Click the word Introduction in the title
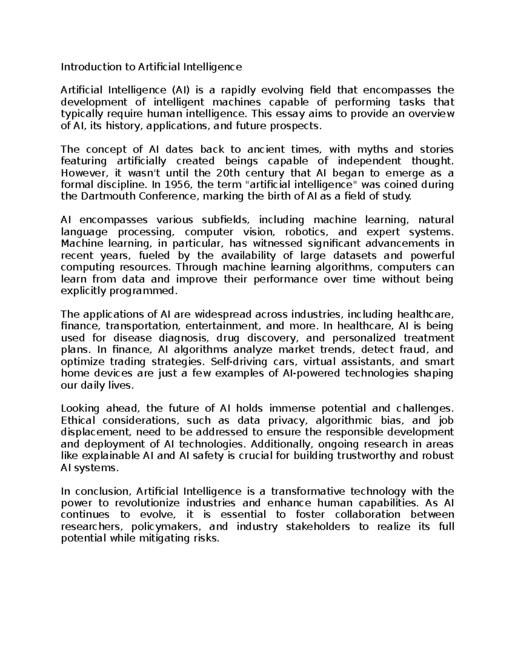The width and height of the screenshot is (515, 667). click(85, 67)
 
